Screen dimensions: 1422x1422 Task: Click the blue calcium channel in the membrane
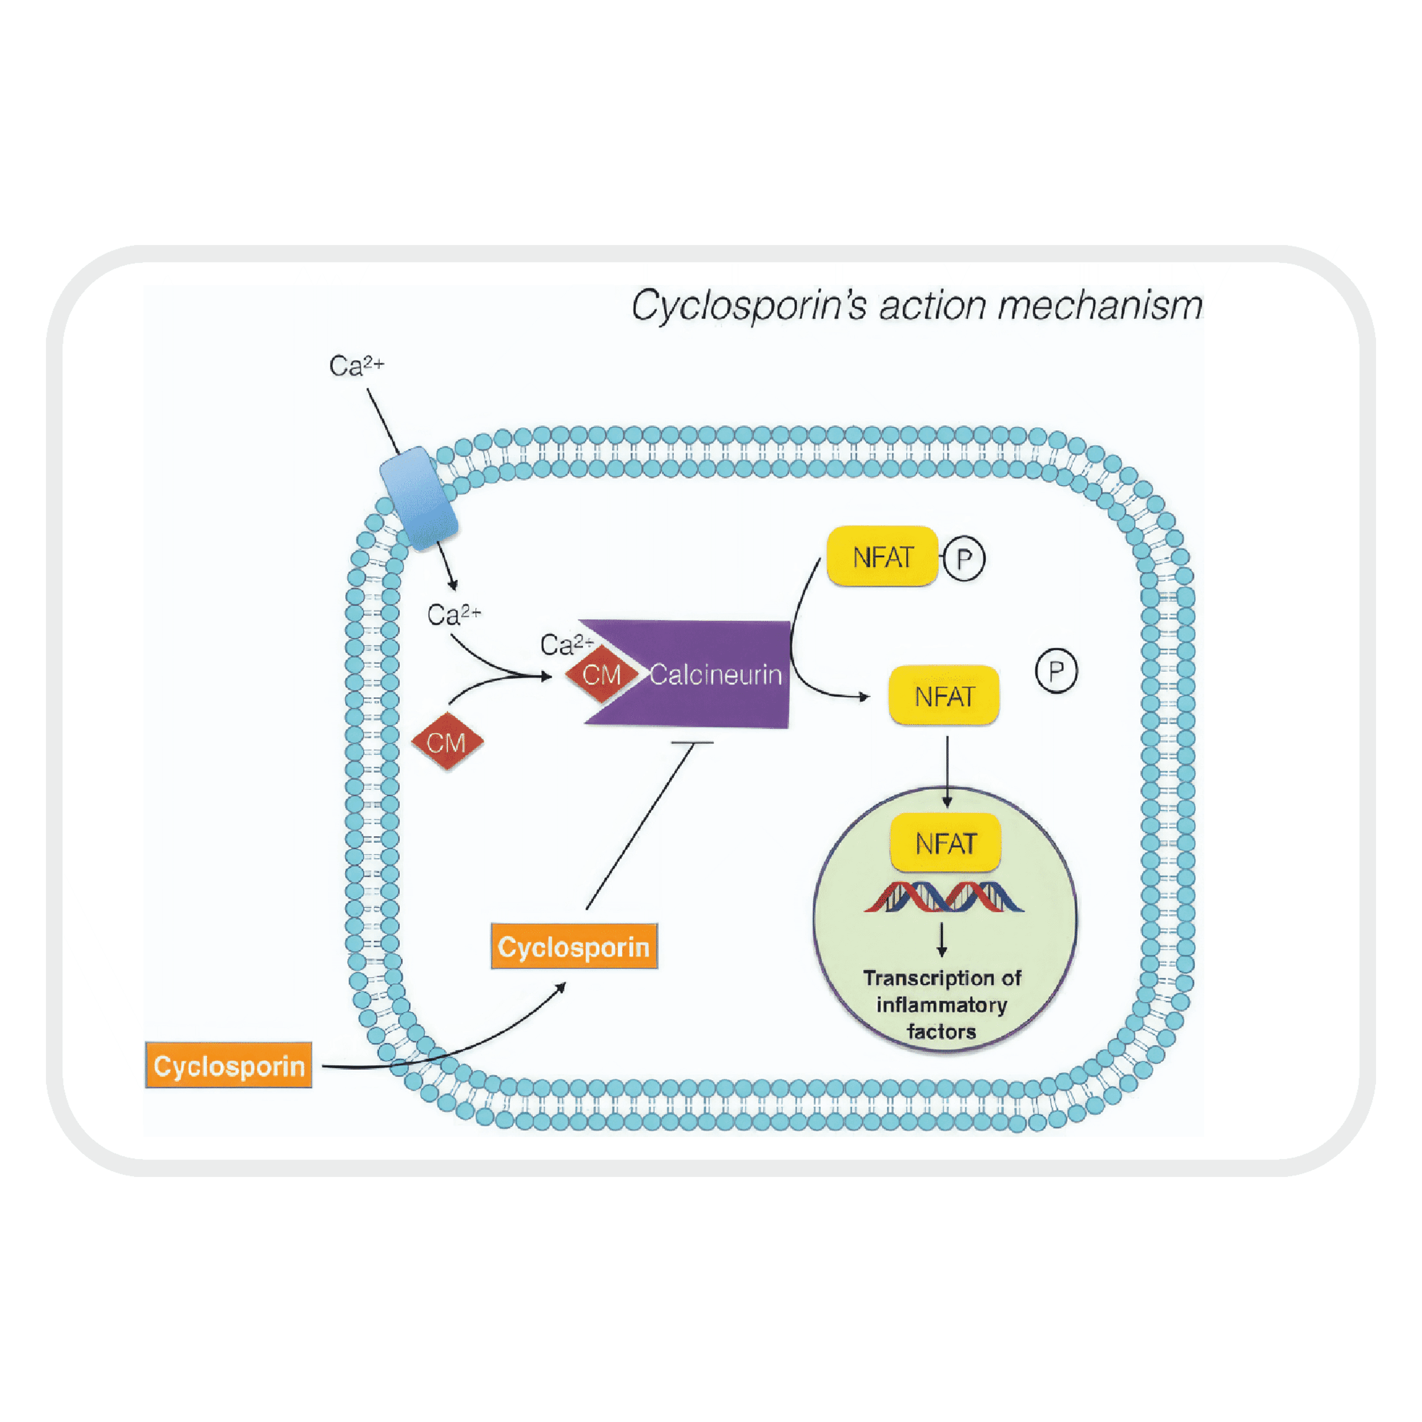pyautogui.click(x=418, y=498)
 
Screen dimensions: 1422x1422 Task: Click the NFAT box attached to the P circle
pyautogui.click(x=882, y=557)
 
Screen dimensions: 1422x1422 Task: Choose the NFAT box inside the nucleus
pyautogui.click(x=945, y=843)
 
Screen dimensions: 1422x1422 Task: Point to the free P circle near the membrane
pyautogui.click(x=1056, y=671)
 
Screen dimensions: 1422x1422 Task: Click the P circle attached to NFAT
pyautogui.click(x=964, y=559)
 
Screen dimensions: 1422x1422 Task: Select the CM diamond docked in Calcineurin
pyautogui.click(x=602, y=674)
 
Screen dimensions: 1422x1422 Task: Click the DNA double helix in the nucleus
pyautogui.click(x=944, y=896)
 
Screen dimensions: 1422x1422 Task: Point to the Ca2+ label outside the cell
pyautogui.click(x=356, y=365)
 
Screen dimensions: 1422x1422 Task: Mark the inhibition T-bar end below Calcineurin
pyautogui.click(x=692, y=743)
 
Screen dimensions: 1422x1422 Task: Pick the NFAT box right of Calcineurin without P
pyautogui.click(x=944, y=695)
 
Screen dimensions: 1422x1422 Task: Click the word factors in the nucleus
pyautogui.click(x=941, y=1031)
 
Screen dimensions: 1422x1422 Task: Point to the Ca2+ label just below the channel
pyautogui.click(x=454, y=615)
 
